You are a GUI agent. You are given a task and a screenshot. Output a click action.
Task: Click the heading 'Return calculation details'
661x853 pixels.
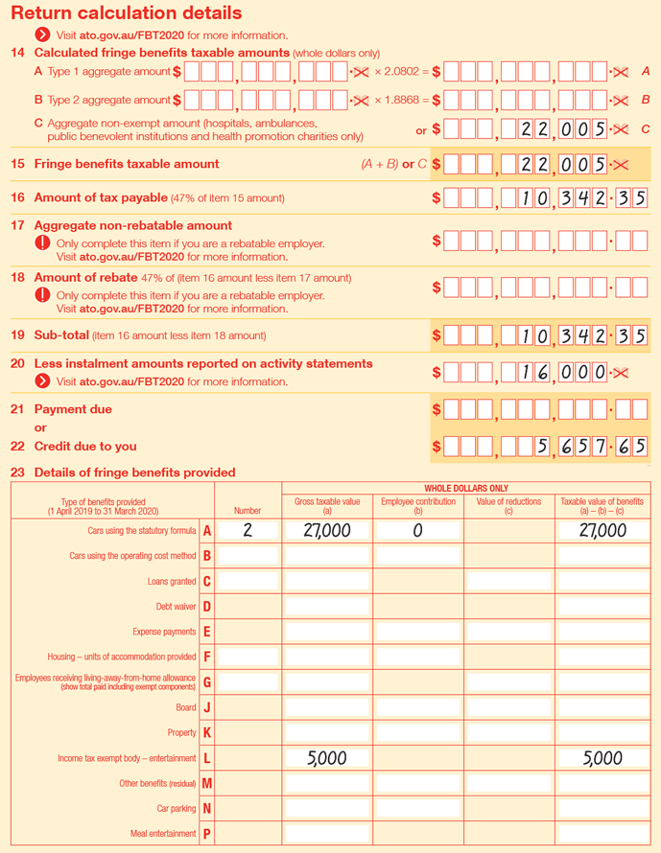coord(126,13)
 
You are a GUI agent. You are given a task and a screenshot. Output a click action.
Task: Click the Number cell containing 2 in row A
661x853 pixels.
coord(248,531)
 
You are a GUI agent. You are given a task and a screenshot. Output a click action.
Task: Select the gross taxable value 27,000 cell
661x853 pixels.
coord(326,531)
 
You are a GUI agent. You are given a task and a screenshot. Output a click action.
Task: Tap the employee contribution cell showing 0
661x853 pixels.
coord(417,531)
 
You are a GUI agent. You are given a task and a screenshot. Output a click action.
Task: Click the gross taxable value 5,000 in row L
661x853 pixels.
coord(326,758)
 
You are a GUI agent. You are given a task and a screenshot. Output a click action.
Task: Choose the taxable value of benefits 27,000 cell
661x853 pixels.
coord(602,531)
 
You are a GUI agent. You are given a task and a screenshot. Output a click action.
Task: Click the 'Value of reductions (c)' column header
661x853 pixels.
coord(508,506)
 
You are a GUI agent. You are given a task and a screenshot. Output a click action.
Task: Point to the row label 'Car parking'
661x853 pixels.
coord(176,809)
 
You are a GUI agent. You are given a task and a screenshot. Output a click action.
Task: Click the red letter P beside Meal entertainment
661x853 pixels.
coord(206,834)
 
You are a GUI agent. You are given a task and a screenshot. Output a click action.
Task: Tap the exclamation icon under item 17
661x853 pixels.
coord(42,243)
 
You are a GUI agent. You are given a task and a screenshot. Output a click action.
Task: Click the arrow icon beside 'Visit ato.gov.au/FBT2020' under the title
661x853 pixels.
coord(42,35)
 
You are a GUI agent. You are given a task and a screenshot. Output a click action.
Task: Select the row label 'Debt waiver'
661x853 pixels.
coord(176,607)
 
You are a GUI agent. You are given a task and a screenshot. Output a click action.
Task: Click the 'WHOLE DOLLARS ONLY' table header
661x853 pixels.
coord(466,488)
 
